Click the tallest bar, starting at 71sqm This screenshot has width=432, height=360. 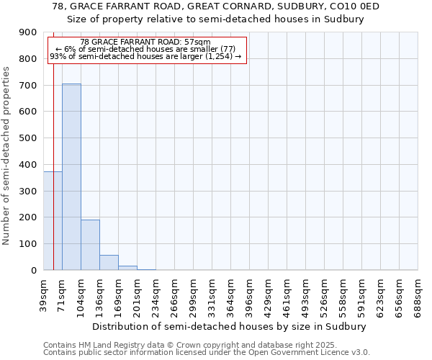click(x=71, y=176)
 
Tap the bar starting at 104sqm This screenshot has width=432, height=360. click(x=90, y=245)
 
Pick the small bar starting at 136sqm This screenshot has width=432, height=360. click(x=109, y=263)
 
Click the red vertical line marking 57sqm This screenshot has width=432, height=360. click(x=53, y=144)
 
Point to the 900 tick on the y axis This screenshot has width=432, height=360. click(x=28, y=32)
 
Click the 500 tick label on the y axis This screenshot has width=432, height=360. click(x=28, y=138)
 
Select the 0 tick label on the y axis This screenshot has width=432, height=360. click(x=33, y=271)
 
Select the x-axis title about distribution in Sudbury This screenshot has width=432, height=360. click(x=230, y=326)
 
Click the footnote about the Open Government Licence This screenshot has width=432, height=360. click(x=206, y=353)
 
